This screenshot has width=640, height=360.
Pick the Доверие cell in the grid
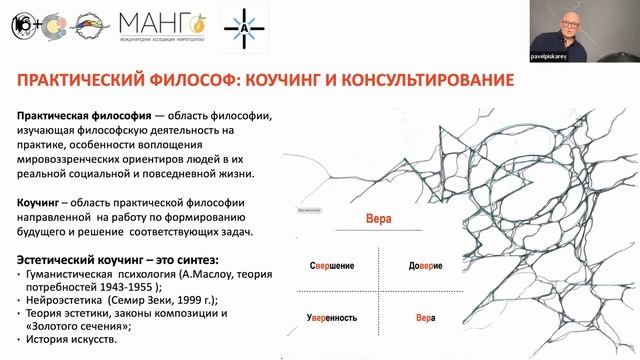point(412,266)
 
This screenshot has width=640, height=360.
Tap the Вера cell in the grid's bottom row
point(412,317)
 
